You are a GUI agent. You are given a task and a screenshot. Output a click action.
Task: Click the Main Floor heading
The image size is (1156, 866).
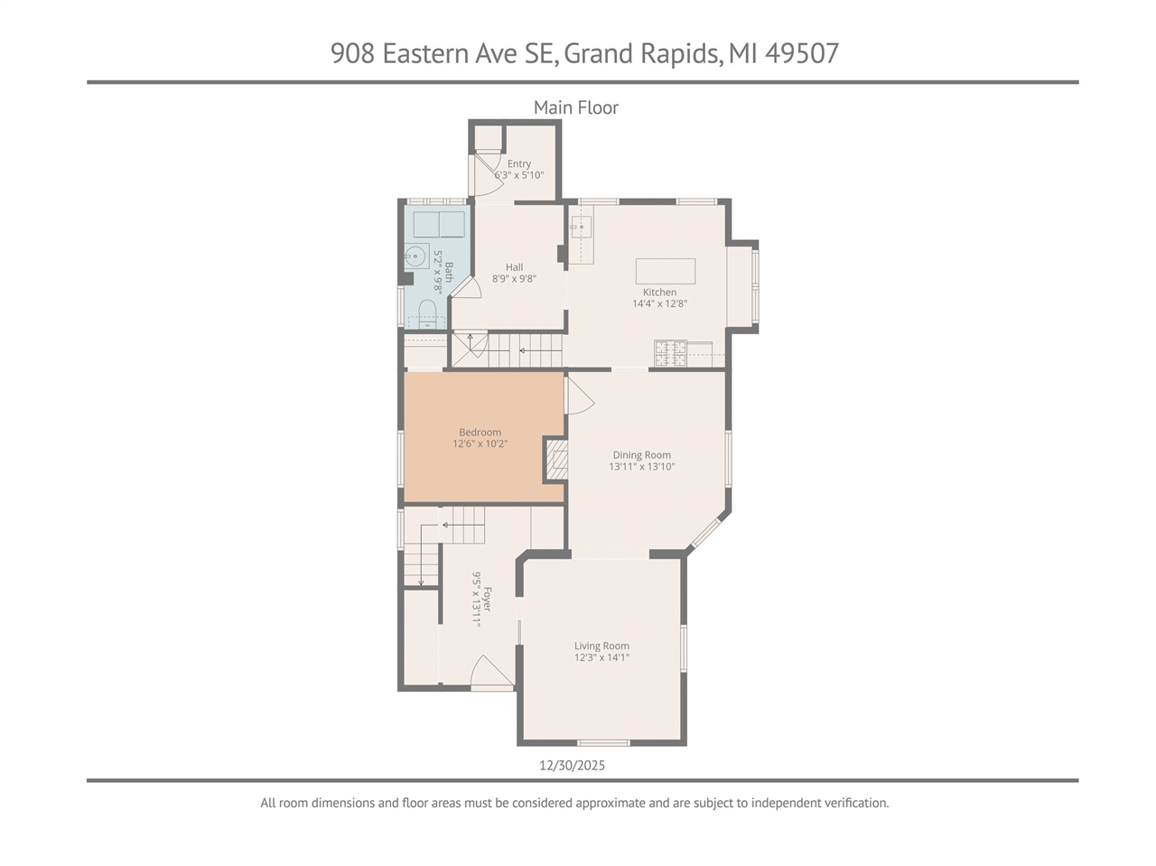point(575,107)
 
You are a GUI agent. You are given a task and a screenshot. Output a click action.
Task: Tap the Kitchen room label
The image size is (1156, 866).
point(659,292)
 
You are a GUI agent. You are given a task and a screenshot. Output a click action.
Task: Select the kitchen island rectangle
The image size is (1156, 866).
point(666,271)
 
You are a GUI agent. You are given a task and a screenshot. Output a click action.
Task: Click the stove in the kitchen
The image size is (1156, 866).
point(669,353)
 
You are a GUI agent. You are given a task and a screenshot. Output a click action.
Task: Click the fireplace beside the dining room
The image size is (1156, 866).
point(556,461)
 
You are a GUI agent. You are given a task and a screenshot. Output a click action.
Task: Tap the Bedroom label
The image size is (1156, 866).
point(480,432)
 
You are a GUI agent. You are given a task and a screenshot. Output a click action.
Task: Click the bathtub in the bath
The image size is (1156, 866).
point(438,224)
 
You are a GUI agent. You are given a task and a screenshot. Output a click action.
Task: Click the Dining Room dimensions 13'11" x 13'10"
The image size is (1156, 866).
point(641,467)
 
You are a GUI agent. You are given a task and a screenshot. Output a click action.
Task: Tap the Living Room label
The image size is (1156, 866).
point(601,646)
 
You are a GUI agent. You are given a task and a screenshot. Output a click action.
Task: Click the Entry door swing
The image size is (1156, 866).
point(488,176)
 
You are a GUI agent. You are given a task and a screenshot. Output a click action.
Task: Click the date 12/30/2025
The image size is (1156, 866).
point(572,765)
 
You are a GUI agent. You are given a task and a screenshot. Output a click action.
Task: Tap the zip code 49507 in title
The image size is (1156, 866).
point(802,53)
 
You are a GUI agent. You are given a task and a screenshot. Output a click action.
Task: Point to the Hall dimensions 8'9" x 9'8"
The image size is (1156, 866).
point(514,279)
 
